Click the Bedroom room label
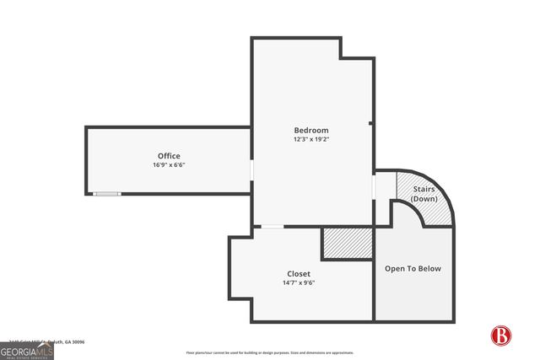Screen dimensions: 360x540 [310, 130]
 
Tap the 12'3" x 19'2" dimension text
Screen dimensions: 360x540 [310, 139]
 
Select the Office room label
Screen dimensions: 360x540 [168, 155]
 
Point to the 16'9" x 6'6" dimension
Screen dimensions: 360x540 [168, 164]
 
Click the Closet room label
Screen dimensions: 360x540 [298, 273]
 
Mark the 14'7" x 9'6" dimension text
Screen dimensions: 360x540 [298, 282]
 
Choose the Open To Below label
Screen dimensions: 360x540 [413, 268]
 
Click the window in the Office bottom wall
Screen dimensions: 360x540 [106, 194]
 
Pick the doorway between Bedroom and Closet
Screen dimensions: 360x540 [272, 227]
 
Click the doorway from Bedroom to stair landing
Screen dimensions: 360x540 [374, 185]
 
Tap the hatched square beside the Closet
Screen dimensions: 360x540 [347, 244]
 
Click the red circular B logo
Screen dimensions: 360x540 [501, 335]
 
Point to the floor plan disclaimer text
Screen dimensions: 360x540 [270, 352]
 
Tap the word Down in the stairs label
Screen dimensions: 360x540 [424, 198]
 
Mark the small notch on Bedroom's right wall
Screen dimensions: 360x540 [370, 125]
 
